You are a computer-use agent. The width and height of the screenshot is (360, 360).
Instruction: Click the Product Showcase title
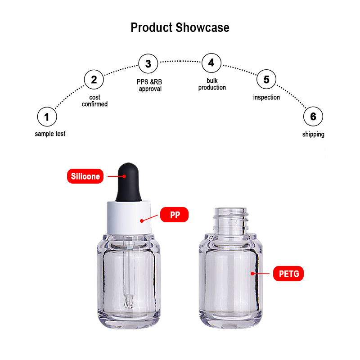coord(180,27)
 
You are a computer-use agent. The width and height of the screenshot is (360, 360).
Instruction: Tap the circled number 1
coord(47,117)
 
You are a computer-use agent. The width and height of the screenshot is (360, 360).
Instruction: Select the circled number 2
coord(94,80)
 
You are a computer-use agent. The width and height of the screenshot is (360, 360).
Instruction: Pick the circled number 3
coord(148,63)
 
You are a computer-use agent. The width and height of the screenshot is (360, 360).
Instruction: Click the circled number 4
coord(211,63)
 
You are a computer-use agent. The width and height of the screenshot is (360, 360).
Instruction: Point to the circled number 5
coord(266,79)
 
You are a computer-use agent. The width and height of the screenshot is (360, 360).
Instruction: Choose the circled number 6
coord(313,117)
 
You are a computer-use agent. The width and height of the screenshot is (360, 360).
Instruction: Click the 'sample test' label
coord(50,134)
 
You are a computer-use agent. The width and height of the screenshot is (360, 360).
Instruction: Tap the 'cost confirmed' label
coord(94,100)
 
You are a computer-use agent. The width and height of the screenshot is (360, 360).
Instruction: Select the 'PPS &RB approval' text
coord(149,85)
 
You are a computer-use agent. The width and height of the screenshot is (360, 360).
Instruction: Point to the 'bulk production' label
coord(212,84)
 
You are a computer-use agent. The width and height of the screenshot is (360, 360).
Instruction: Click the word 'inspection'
coord(266,97)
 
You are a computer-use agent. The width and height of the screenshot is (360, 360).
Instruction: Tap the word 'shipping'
coord(313,134)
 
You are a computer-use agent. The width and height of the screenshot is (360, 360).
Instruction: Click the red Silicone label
coord(85,176)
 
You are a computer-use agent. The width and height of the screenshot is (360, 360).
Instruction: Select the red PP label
coord(174,215)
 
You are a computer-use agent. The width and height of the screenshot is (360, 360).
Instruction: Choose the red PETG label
coord(288,274)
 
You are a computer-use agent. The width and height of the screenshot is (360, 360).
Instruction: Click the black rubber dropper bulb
coord(128,183)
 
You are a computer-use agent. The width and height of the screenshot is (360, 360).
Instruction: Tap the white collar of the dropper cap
coord(129,218)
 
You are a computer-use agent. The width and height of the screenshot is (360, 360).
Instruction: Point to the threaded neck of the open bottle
coord(230,221)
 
